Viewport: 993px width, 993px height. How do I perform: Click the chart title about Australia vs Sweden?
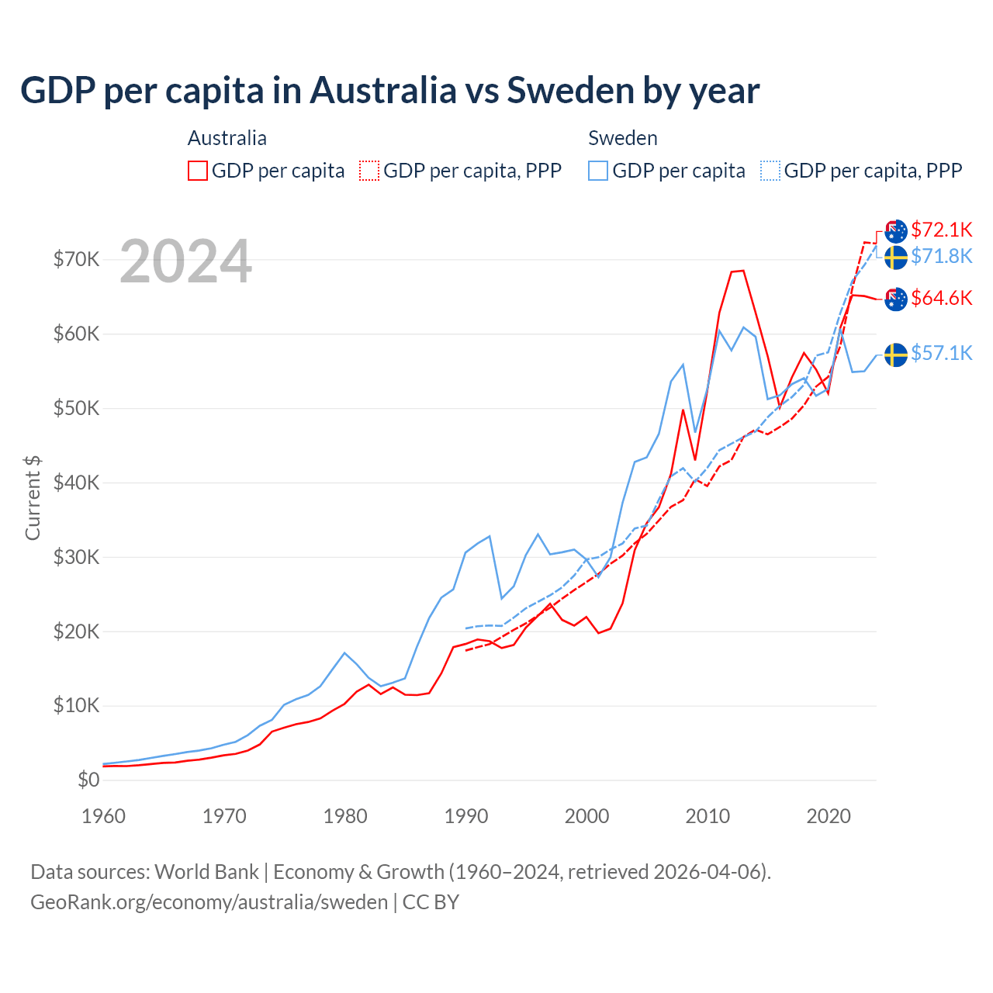pyautogui.click(x=389, y=91)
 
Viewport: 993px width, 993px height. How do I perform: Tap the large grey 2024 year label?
pyautogui.click(x=185, y=261)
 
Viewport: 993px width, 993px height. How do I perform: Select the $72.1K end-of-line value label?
pyautogui.click(x=941, y=230)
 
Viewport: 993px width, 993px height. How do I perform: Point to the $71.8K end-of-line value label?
pyautogui.click(x=941, y=256)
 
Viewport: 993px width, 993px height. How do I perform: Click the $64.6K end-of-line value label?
pyautogui.click(x=941, y=298)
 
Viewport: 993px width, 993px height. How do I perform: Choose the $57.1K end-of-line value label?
pyautogui.click(x=941, y=354)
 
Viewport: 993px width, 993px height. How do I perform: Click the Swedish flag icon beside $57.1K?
pyautogui.click(x=896, y=355)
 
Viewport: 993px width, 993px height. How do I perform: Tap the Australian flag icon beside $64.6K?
pyautogui.click(x=896, y=299)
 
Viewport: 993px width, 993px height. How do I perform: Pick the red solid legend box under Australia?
pyautogui.click(x=198, y=171)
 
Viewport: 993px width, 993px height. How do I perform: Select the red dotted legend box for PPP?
pyautogui.click(x=369, y=171)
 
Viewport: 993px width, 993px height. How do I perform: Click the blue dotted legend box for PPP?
pyautogui.click(x=770, y=171)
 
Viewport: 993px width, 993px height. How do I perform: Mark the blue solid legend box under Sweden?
pyautogui.click(x=598, y=171)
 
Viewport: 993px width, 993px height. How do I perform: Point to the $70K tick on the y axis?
pyautogui.click(x=76, y=259)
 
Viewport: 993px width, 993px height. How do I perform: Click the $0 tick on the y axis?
pyautogui.click(x=88, y=780)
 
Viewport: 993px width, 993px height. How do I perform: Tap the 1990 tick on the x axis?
pyautogui.click(x=466, y=816)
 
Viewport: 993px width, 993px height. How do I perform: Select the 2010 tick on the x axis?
pyautogui.click(x=708, y=816)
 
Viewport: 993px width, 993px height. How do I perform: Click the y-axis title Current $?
pyautogui.click(x=33, y=498)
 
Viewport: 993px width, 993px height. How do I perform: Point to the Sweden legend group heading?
pyautogui.click(x=623, y=138)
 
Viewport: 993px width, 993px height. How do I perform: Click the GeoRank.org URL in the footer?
pyautogui.click(x=209, y=902)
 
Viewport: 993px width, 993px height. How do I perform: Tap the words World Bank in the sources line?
pyautogui.click(x=206, y=872)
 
